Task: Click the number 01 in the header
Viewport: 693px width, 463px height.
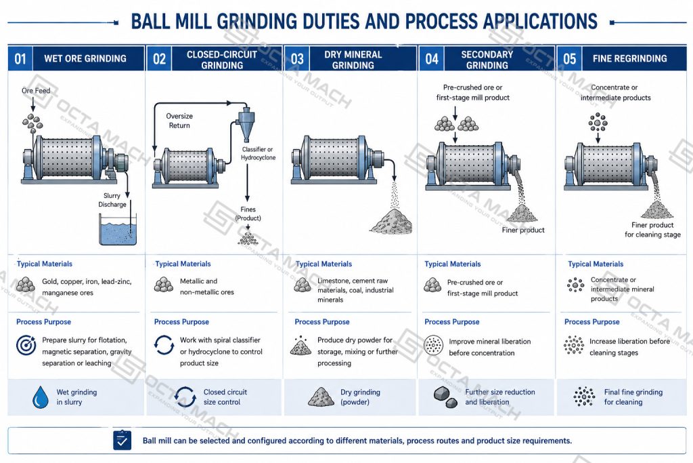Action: [20, 58]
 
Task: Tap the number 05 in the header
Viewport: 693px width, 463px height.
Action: [569, 58]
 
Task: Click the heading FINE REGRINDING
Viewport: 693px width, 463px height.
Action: [629, 58]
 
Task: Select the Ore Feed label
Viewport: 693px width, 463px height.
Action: [36, 91]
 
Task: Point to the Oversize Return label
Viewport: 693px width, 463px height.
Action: [179, 121]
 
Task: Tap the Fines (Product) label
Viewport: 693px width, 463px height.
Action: [248, 214]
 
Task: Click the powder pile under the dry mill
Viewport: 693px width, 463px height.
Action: [392, 221]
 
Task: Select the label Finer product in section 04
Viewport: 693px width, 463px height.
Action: [523, 230]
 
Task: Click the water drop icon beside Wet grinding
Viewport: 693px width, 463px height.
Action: [41, 397]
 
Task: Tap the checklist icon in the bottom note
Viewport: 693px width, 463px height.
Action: [122, 440]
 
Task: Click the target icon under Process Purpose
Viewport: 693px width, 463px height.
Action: [26, 345]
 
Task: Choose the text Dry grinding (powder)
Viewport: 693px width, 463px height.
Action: [360, 397]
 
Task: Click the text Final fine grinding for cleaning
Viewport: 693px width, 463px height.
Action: [633, 397]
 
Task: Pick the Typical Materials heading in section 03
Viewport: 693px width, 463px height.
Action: [323, 264]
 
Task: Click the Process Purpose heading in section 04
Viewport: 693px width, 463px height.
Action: [451, 322]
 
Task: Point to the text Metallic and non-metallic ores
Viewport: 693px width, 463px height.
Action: [207, 286]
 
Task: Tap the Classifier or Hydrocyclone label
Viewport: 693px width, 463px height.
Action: [258, 153]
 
